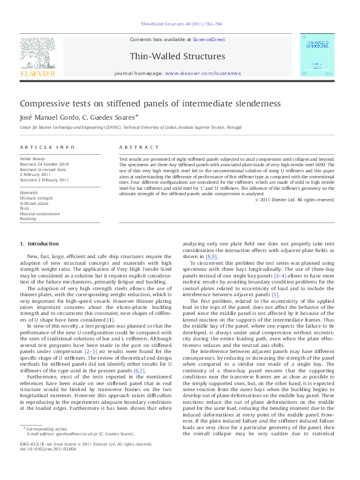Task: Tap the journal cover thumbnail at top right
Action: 317,56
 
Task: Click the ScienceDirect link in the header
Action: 209,39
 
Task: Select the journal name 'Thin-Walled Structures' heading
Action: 177,56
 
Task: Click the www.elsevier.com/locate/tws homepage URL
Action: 203,73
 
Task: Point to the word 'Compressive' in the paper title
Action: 45,103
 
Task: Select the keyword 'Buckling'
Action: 28,219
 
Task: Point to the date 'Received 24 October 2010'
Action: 45,164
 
